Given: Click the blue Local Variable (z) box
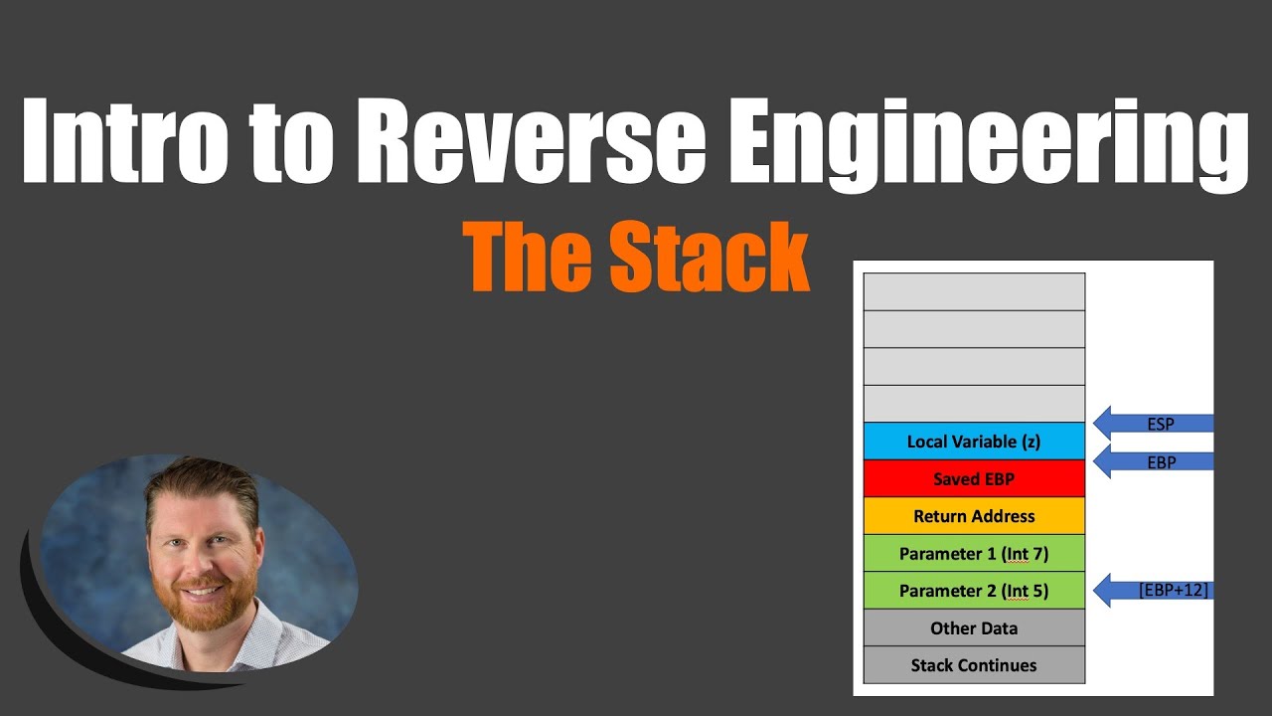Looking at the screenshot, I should (x=974, y=442).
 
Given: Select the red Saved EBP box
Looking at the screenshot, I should (x=974, y=478).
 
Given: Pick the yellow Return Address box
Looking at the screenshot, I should (x=974, y=516).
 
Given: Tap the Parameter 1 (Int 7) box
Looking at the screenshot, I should (x=974, y=553).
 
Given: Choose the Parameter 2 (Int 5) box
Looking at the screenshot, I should (x=974, y=591).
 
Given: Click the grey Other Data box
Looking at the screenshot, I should (x=974, y=627).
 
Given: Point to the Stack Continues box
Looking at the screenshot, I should (x=974, y=665).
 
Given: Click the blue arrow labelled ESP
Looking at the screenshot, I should (x=1153, y=424).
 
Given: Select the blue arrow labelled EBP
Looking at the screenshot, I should (x=1153, y=461).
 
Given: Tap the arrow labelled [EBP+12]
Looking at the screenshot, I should (x=1153, y=590).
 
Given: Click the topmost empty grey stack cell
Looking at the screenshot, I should (x=974, y=291).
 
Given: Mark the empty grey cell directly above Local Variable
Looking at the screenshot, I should (x=974, y=404).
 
